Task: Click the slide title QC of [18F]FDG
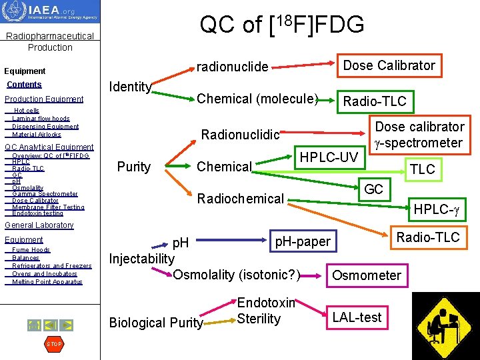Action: pos(282,24)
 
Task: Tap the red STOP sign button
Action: pos(53,344)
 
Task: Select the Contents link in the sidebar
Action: pos(24,85)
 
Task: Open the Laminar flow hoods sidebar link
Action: pos(41,119)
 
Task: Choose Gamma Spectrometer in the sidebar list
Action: pos(45,194)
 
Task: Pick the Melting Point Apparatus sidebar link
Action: pos(47,282)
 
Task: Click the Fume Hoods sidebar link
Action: pos(31,250)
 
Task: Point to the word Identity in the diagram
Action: pos(131,87)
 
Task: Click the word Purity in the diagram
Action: pos(133,167)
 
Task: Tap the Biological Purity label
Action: pos(156,323)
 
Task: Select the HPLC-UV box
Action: pos(328,157)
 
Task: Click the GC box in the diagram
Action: pos(373,189)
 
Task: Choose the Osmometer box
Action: pos(366,275)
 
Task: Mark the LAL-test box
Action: pos(357,317)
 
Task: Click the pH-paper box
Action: pos(303,241)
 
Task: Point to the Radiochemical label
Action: pos(240,198)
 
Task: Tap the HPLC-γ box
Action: pos(437,209)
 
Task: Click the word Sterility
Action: pos(259,319)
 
